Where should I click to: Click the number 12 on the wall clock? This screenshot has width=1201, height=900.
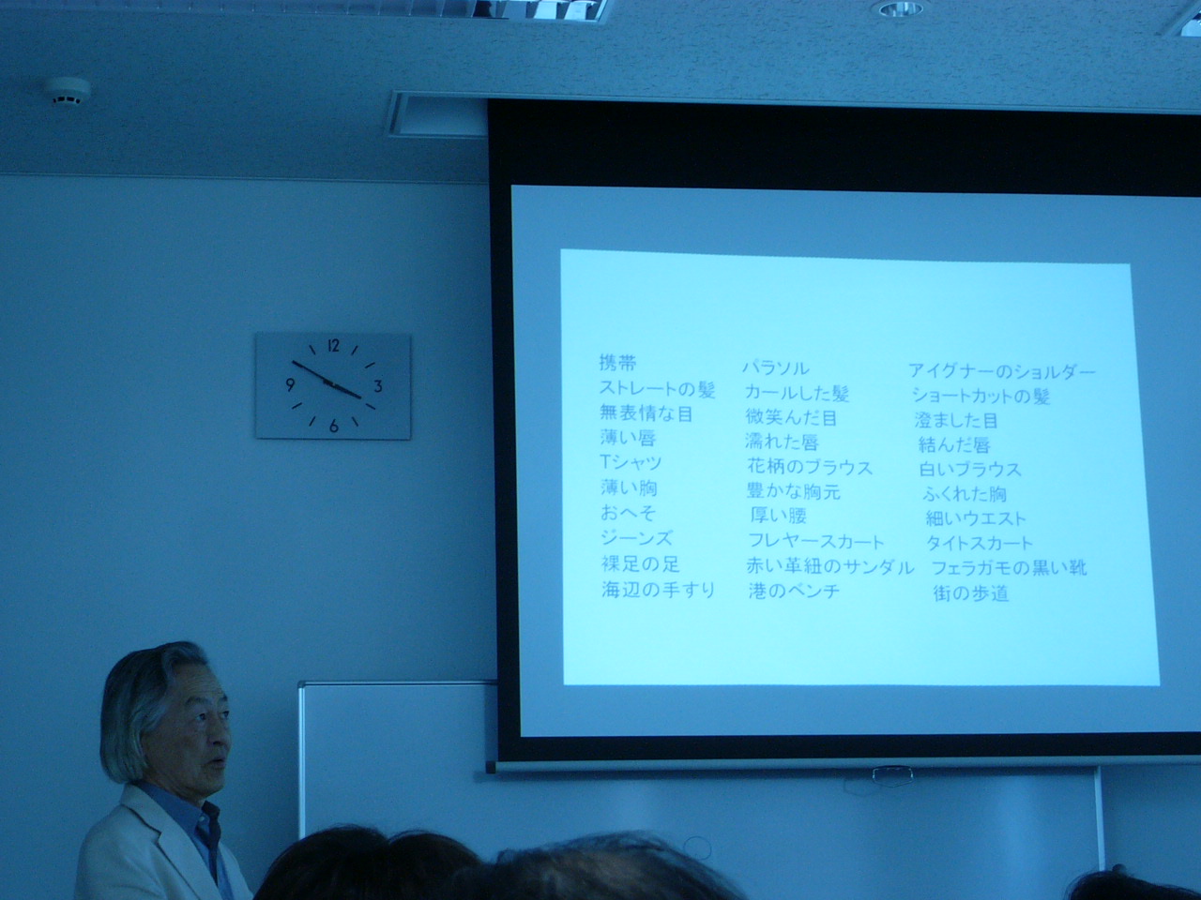333,345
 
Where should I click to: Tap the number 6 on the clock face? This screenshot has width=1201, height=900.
334,427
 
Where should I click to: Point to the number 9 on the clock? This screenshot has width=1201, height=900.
291,384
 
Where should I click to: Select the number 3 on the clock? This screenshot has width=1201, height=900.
377,386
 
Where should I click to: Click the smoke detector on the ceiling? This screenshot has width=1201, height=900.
68,91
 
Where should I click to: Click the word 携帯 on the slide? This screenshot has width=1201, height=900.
617,363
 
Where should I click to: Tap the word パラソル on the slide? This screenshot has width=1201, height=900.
776,368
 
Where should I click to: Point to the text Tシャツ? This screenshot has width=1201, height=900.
631,463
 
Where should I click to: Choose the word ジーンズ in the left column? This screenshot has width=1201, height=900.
636,538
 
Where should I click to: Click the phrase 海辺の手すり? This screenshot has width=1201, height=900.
659,590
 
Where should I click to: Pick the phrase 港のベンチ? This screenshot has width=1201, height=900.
794,591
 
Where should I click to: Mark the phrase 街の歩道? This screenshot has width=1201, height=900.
970,592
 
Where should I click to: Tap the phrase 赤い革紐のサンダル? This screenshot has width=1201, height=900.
829,566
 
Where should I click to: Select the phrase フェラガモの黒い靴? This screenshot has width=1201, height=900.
1009,568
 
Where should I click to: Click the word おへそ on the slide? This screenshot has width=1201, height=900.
628,513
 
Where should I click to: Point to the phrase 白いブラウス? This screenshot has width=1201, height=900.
970,470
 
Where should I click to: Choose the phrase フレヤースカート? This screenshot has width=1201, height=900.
815,542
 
